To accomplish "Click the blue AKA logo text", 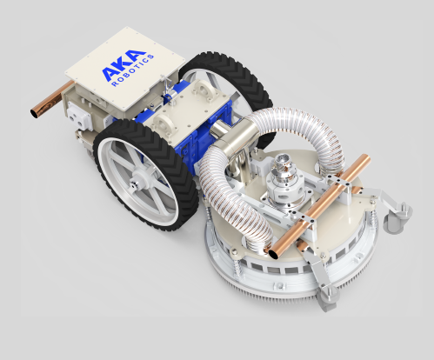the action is [124, 65].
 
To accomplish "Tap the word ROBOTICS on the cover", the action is [133, 70].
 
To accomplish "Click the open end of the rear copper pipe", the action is [35, 113].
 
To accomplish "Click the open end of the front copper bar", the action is [275, 254].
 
